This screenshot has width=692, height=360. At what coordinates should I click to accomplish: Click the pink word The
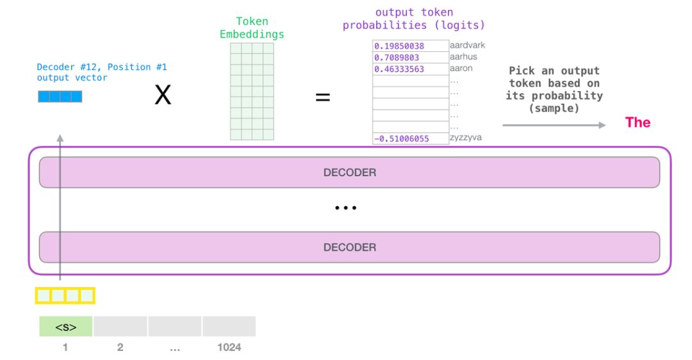click(x=637, y=122)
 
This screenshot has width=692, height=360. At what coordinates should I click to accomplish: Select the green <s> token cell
click(x=65, y=327)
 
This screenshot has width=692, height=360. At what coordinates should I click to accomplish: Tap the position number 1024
click(x=229, y=347)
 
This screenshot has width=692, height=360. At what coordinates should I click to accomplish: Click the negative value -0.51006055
click(x=402, y=138)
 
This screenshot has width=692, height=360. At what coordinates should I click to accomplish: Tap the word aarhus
click(x=464, y=58)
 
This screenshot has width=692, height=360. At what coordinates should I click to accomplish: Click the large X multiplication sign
click(x=163, y=97)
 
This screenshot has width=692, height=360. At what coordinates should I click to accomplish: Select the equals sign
click(x=322, y=98)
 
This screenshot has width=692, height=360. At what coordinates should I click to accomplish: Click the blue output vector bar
click(x=60, y=97)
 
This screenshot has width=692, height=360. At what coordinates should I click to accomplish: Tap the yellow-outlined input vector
click(x=65, y=296)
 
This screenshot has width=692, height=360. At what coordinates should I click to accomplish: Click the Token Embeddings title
click(x=252, y=28)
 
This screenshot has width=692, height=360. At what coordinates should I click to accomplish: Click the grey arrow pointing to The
click(x=554, y=125)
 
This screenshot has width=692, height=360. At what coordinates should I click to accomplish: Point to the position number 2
click(x=120, y=347)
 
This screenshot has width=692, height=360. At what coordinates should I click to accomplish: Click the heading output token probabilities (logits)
click(x=413, y=19)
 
